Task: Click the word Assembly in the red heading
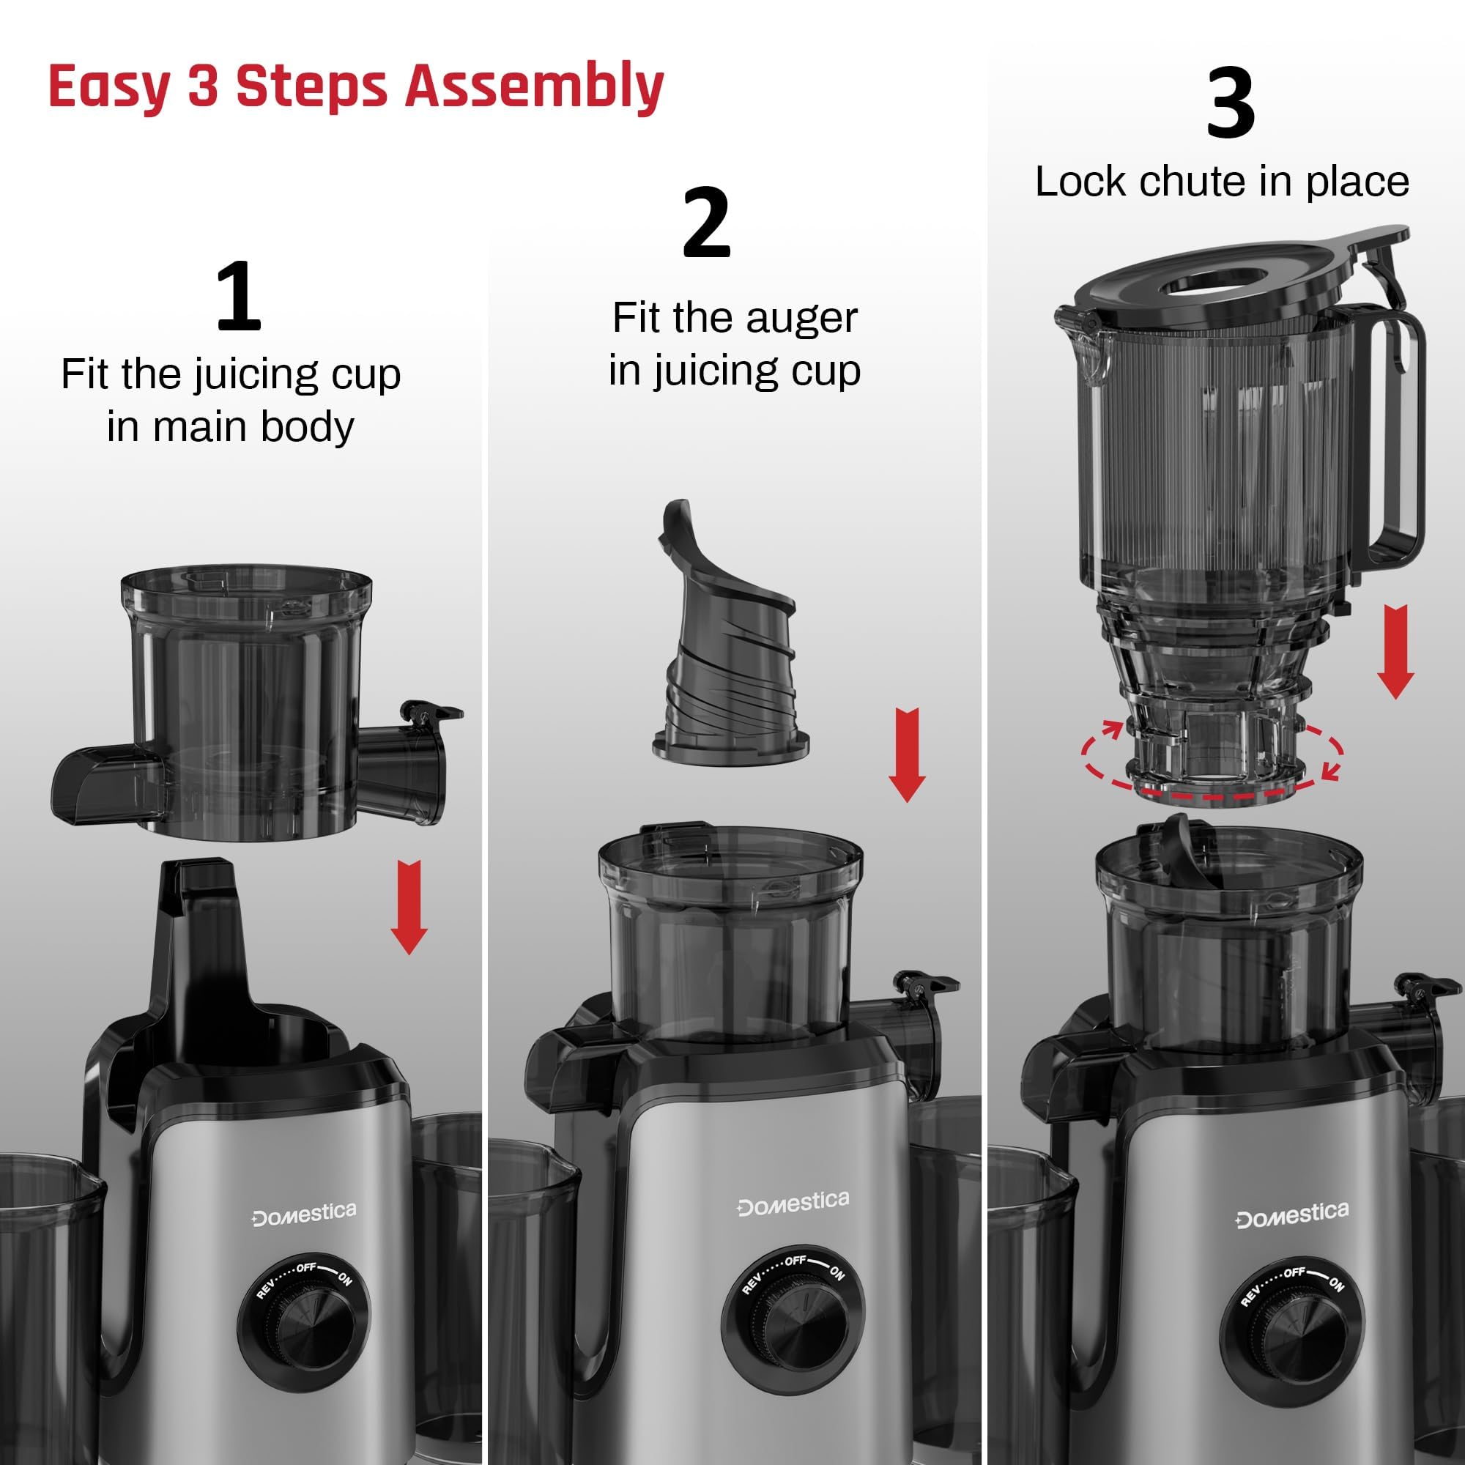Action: coord(534,88)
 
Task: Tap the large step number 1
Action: coord(238,297)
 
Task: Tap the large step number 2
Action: coord(706,223)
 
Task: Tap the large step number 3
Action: coord(1230,105)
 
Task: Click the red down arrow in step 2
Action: coord(906,755)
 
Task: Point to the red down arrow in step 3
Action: coord(1395,651)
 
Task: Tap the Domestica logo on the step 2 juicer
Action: coord(793,1203)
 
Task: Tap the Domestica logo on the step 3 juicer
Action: coord(1292,1214)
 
